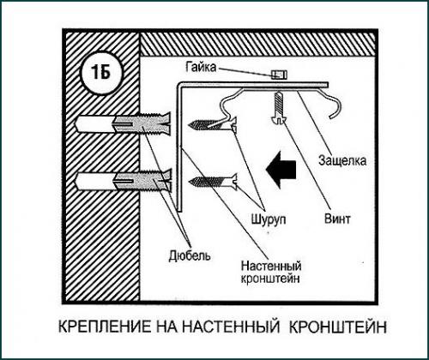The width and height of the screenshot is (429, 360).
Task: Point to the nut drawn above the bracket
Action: pos(277,75)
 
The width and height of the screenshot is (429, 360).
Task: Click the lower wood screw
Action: pos(211,182)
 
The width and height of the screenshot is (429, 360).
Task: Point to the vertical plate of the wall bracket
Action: pos(180,146)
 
